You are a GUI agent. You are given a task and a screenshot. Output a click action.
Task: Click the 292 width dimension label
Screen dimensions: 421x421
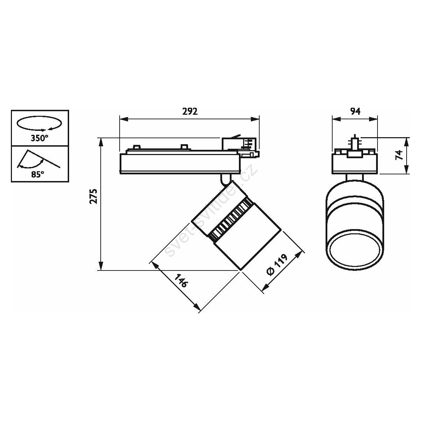click(190, 112)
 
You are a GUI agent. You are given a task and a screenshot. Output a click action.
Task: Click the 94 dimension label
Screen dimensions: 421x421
click(355, 112)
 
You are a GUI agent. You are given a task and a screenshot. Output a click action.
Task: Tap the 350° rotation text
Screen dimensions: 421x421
click(39, 138)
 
